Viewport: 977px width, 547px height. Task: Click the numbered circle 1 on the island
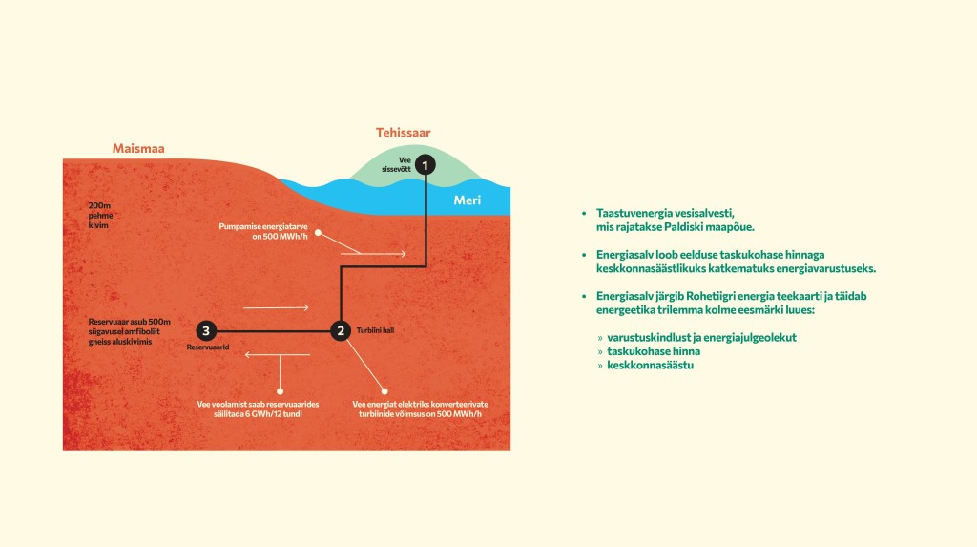426,164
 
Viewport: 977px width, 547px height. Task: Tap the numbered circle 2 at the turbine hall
341,330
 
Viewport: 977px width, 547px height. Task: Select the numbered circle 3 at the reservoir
206,330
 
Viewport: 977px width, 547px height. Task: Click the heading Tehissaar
404,133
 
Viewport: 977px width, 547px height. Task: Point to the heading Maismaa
138,149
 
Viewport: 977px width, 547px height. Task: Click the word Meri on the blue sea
468,200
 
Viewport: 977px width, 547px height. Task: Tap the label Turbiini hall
375,330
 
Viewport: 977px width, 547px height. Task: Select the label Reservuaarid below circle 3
208,347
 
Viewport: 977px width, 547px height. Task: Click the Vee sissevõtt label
397,164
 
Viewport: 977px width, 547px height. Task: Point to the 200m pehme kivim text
100,215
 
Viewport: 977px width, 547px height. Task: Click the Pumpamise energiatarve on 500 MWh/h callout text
263,231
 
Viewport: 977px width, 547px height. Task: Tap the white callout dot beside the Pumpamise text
318,233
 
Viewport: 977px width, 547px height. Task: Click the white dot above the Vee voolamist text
280,391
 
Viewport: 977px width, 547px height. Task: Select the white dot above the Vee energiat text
385,391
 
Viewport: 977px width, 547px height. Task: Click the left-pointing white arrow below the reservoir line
278,355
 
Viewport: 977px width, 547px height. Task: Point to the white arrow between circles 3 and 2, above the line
276,307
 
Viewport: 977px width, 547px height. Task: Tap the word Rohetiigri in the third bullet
712,296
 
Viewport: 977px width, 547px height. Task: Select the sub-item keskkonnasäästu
651,365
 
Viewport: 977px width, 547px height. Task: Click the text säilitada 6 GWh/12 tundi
258,414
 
